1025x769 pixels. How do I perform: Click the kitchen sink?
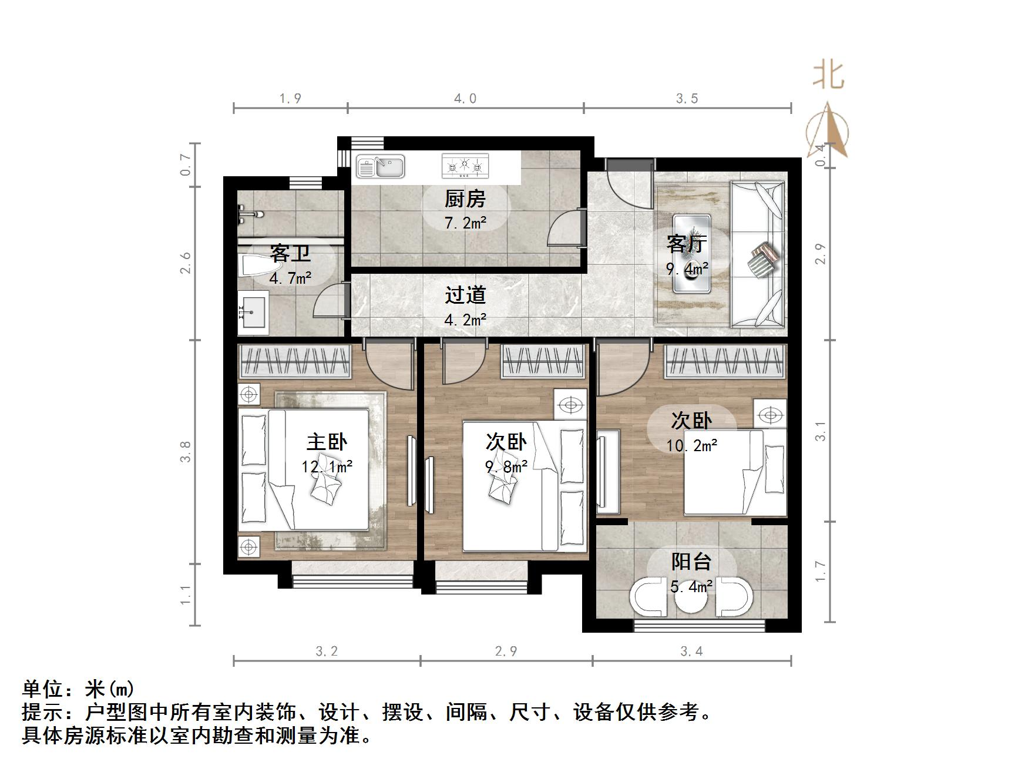tap(381, 167)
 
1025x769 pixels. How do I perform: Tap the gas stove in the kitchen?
tap(465, 166)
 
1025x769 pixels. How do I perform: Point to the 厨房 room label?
tap(465, 199)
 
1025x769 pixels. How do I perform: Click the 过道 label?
tap(465, 295)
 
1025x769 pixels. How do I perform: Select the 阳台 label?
tap(691, 562)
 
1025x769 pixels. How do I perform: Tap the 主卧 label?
tap(327, 442)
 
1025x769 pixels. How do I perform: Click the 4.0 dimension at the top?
tap(465, 99)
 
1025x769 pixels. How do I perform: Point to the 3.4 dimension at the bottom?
tap(691, 651)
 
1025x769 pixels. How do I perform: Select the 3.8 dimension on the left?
tap(186, 451)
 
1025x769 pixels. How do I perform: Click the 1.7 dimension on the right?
tap(821, 571)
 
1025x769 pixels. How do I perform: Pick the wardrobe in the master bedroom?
tap(294, 360)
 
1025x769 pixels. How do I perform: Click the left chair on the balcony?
tap(648, 597)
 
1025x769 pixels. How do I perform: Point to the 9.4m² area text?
tap(687, 269)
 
